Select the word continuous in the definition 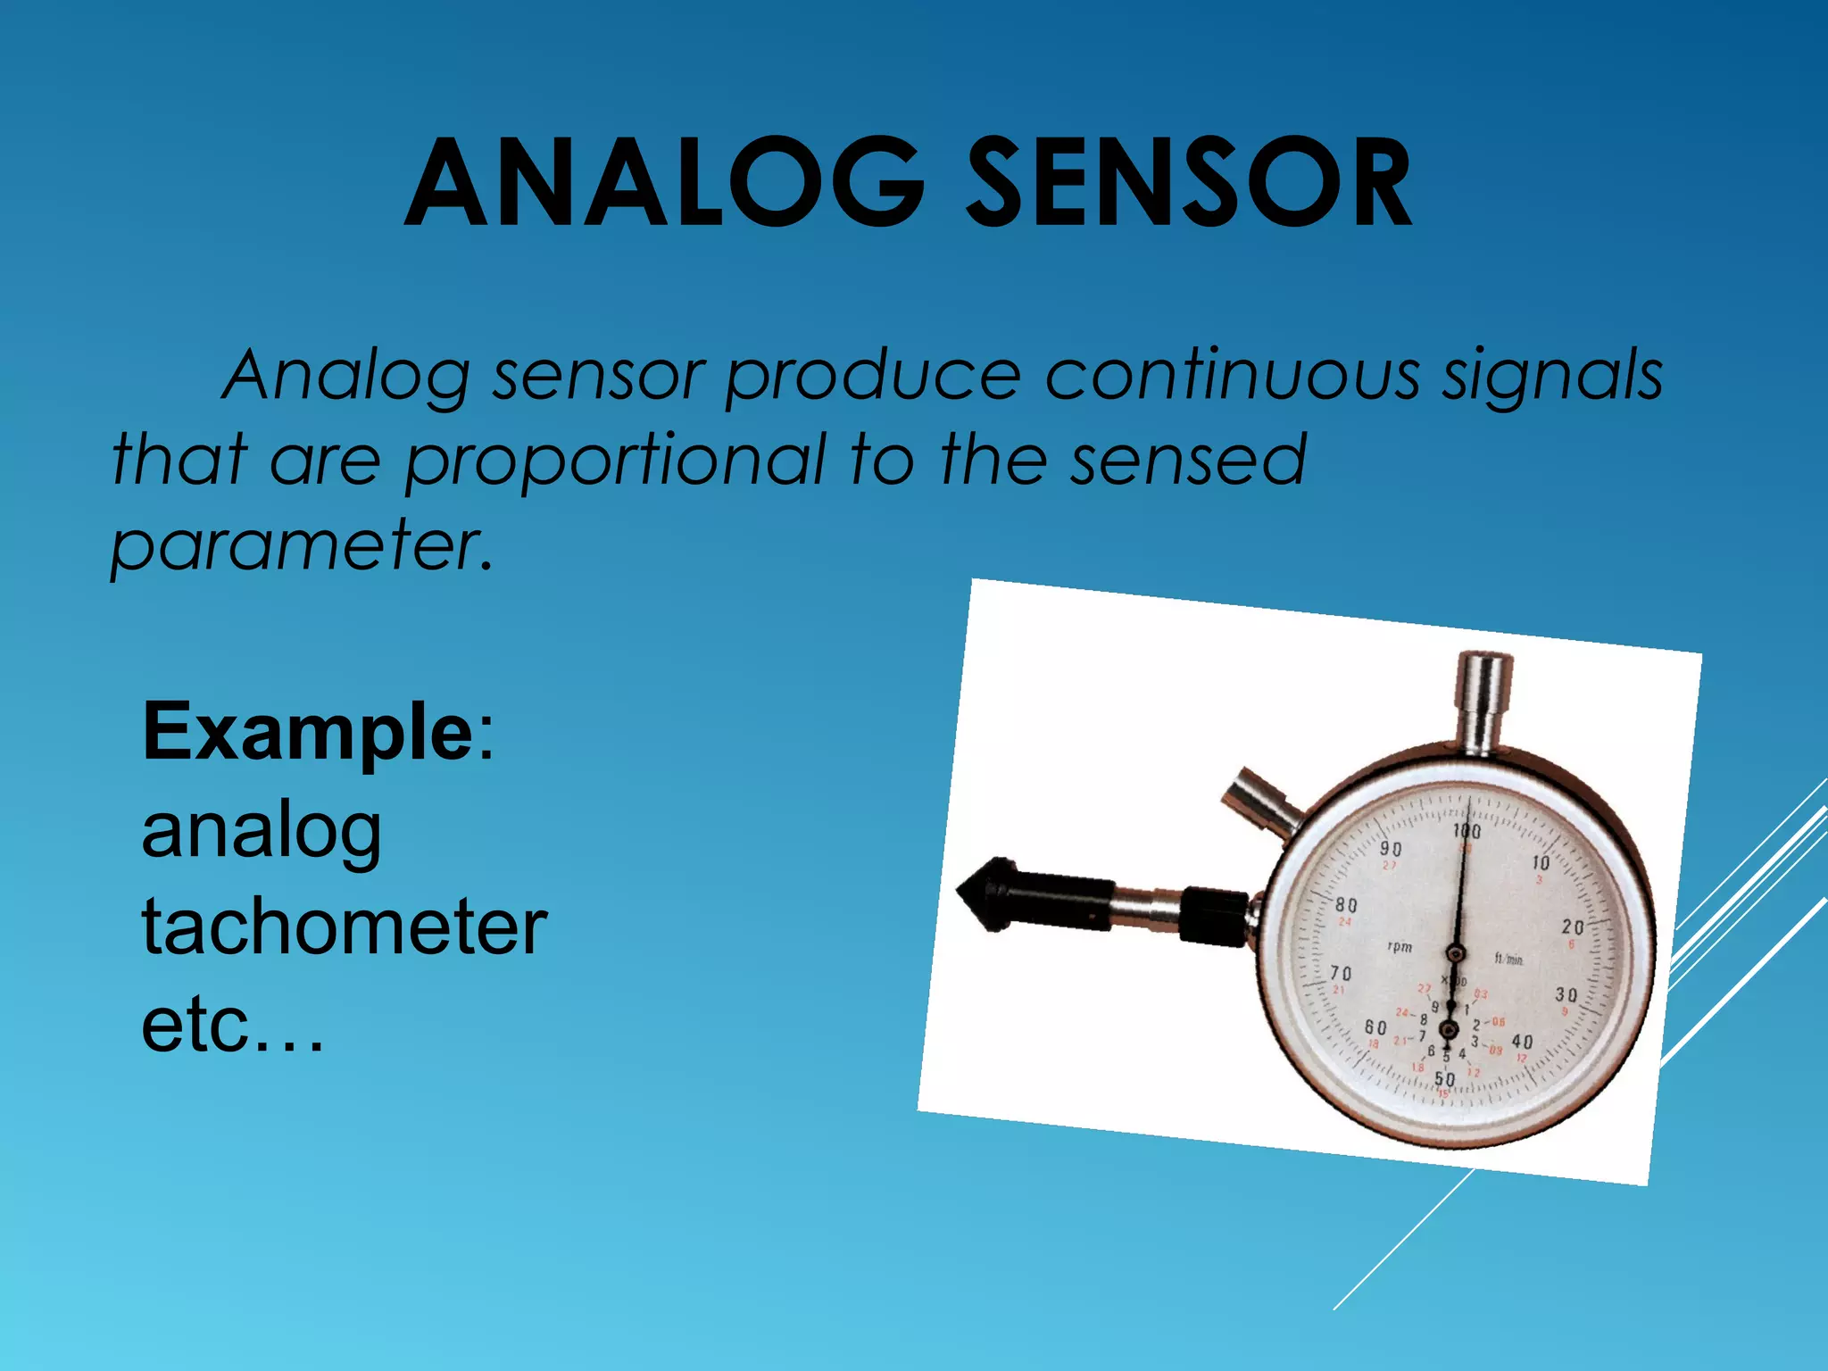point(1232,375)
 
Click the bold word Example point(308,732)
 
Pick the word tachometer point(345,928)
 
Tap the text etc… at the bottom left point(232,1025)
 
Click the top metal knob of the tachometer point(1483,701)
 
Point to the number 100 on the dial point(1467,831)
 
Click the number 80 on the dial point(1346,905)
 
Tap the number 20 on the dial point(1573,927)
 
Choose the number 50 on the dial point(1444,1079)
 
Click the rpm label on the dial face point(1400,946)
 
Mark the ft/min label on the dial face point(1508,960)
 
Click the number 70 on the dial point(1342,973)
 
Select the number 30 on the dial point(1566,994)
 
